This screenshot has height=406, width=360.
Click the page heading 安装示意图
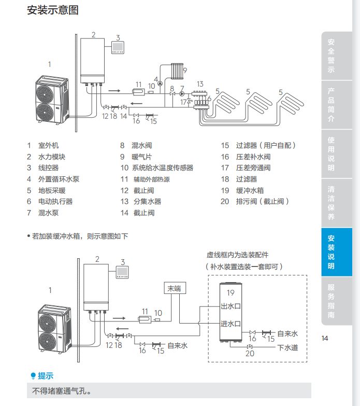[x=53, y=10]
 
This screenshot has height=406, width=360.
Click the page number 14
[x=325, y=339]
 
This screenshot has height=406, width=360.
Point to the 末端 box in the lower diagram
[x=175, y=289]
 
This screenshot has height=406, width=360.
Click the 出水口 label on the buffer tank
[x=231, y=305]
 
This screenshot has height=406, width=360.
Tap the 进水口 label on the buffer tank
[x=231, y=324]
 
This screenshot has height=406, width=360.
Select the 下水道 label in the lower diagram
[x=287, y=347]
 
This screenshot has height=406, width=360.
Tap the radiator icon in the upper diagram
[x=177, y=70]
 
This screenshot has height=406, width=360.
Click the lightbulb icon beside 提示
[x=34, y=376]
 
